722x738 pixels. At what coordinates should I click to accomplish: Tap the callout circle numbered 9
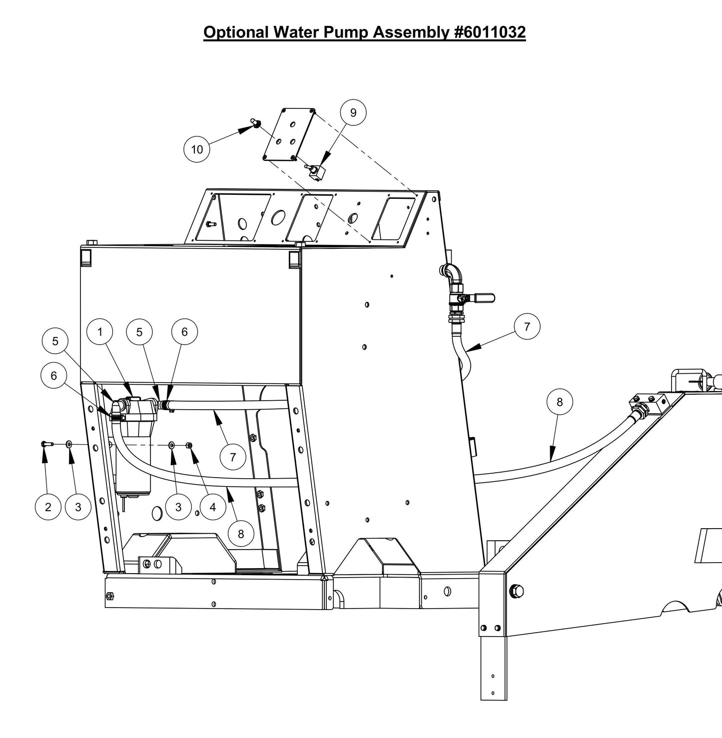(x=353, y=112)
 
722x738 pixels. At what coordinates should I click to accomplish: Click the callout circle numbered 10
(x=197, y=149)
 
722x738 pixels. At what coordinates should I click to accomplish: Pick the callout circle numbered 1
(x=100, y=332)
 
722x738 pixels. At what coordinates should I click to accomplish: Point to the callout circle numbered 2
(x=48, y=507)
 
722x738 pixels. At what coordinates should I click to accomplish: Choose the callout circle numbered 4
(x=212, y=507)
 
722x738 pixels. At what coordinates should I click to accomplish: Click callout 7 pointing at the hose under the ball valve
(x=527, y=327)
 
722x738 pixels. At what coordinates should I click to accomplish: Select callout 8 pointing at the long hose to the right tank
(x=560, y=402)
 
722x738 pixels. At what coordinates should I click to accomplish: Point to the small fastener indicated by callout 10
(x=256, y=123)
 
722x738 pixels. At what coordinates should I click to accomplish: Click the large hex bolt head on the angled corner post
(x=517, y=591)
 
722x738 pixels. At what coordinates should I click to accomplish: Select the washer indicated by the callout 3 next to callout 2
(x=68, y=444)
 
